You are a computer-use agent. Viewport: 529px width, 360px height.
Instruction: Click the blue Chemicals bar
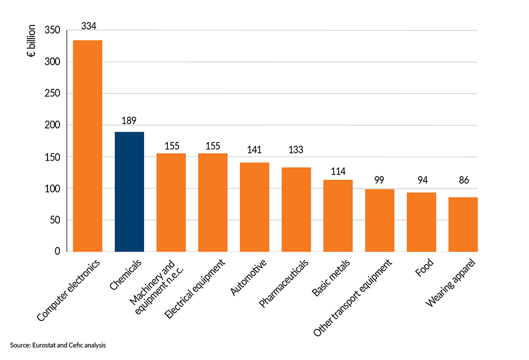[129, 192]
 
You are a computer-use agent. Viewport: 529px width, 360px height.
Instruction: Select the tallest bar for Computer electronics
[87, 146]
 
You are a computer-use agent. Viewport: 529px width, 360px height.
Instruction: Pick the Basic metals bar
[338, 215]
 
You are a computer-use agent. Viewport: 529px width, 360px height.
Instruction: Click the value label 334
[88, 25]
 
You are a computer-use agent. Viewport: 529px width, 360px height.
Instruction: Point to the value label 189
[129, 121]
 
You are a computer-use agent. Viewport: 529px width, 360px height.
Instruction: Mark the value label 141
[255, 150]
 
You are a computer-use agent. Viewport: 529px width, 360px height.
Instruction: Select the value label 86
[463, 181]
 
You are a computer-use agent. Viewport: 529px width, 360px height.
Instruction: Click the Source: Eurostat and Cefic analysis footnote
[57, 345]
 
